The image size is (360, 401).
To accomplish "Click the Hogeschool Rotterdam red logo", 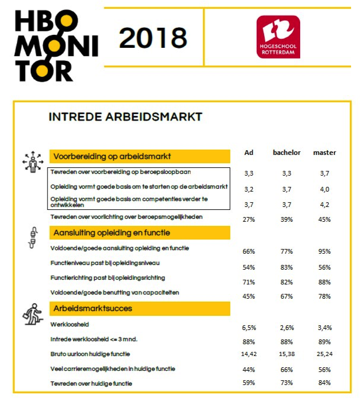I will (278, 37).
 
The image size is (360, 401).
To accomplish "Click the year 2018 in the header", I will (153, 38).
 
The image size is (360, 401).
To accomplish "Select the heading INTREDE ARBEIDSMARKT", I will (126, 117).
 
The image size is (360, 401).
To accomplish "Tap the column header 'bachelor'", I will (287, 153).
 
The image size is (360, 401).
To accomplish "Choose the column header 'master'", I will (324, 153).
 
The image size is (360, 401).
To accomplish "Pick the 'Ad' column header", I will (249, 153).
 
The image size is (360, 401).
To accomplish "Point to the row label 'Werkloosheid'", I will (69, 325).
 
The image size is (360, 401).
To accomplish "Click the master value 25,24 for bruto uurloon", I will (324, 355).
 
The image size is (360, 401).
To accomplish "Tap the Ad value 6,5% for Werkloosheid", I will (249, 327).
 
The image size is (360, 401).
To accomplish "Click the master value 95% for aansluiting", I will (324, 251).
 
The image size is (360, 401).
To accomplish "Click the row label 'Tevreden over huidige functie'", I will (92, 383).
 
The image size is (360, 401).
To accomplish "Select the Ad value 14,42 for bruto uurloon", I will (249, 355).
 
